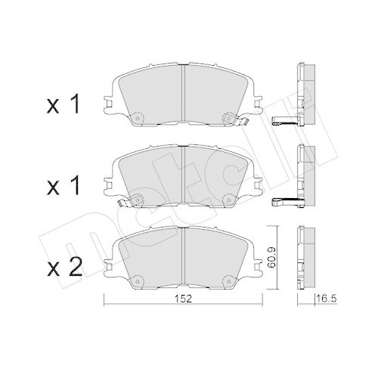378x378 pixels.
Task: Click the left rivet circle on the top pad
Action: pos(138,118)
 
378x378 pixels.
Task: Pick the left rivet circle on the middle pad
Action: pos(138,199)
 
